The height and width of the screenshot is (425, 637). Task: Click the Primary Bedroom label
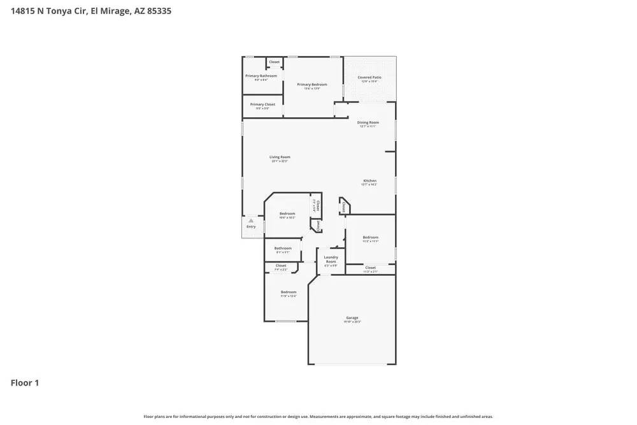click(312, 84)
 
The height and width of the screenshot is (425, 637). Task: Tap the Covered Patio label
click(369, 77)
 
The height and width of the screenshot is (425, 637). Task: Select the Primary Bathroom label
click(261, 76)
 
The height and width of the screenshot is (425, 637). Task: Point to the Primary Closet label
click(262, 104)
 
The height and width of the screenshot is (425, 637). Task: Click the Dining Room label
click(368, 122)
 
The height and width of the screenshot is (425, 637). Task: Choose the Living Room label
click(280, 157)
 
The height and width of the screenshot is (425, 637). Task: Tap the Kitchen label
click(369, 180)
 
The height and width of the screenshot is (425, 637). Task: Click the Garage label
click(352, 317)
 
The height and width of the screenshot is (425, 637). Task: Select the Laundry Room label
click(331, 259)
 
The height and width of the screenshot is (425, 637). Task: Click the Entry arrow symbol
click(251, 220)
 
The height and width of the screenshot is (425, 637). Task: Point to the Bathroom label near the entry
click(283, 248)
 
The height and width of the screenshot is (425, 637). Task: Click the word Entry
click(251, 227)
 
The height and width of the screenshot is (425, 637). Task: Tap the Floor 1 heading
click(25, 383)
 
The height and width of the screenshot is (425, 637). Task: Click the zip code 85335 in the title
click(159, 11)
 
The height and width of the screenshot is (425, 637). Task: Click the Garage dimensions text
click(352, 322)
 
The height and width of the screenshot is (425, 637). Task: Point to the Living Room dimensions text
click(280, 161)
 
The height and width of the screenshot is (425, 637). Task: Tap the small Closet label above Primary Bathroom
click(274, 62)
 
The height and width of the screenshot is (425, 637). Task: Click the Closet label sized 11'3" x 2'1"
click(370, 268)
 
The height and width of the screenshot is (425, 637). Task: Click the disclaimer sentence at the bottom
click(318, 417)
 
